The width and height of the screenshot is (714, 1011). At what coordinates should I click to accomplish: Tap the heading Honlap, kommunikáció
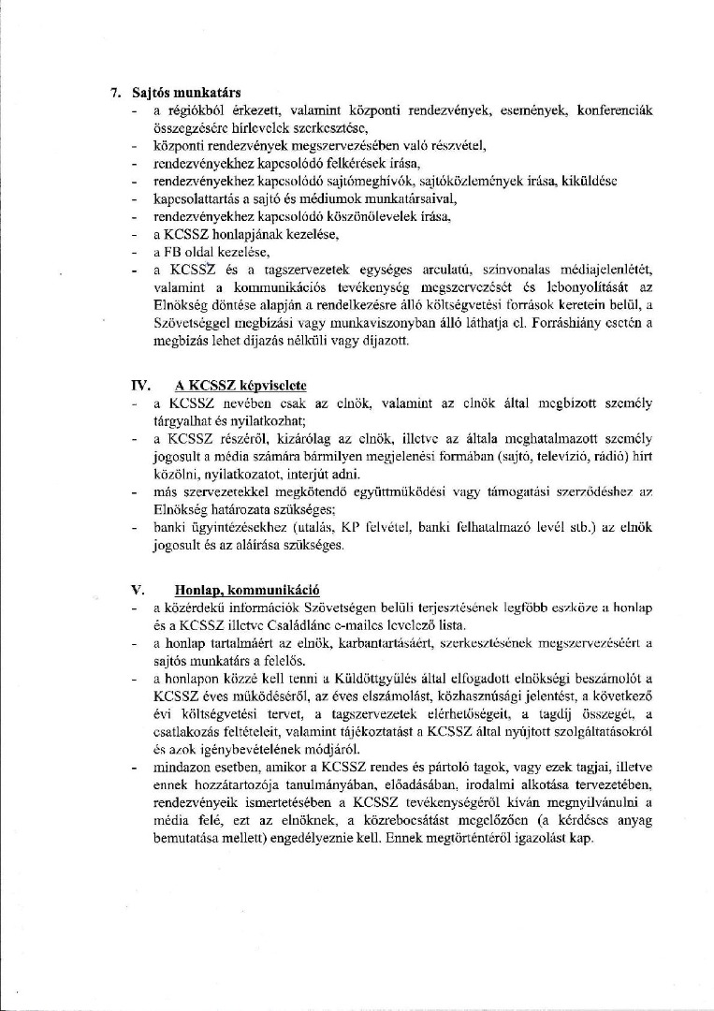pos(247,591)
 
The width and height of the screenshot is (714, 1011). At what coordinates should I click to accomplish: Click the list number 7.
pos(116,93)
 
